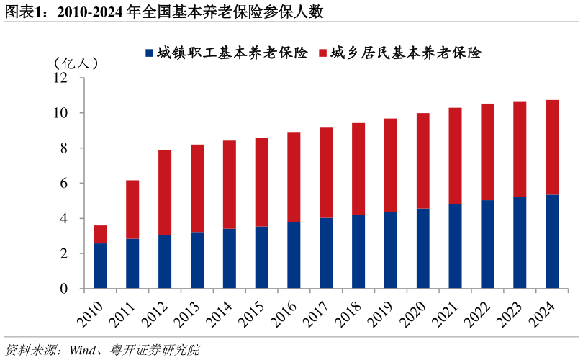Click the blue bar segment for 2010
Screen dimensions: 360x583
(100, 266)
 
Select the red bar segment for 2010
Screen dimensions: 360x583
(100, 234)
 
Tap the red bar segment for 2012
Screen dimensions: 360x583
(165, 192)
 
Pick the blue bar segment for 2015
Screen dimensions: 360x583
(262, 257)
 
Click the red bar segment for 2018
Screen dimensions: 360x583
(358, 169)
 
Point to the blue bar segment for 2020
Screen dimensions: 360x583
(423, 248)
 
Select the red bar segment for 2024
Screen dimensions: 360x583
(552, 147)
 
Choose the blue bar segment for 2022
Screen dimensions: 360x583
(488, 244)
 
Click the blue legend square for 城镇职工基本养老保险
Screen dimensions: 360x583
(149, 53)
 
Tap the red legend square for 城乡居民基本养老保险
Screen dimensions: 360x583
(323, 53)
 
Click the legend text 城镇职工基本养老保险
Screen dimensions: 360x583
(232, 53)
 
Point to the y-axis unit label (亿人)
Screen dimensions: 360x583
(76, 63)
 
